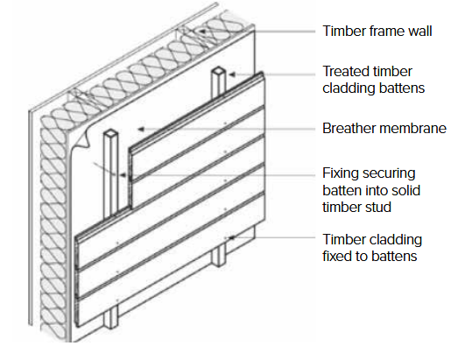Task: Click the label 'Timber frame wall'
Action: pyautogui.click(x=377, y=32)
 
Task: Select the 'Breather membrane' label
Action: pyautogui.click(x=384, y=128)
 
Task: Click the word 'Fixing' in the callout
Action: pyautogui.click(x=337, y=174)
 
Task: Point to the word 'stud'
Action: pyautogui.click(x=379, y=208)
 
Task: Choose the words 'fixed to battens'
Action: pyautogui.click(x=370, y=257)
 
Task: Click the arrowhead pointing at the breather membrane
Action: pyautogui.click(x=141, y=129)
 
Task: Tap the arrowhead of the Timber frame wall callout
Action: pyautogui.click(x=202, y=31)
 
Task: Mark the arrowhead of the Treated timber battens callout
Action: pyautogui.click(x=232, y=74)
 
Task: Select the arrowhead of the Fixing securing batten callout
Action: pyautogui.click(x=123, y=175)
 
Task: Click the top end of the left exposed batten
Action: pyautogui.click(x=110, y=133)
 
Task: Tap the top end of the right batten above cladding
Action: pyautogui.click(x=218, y=71)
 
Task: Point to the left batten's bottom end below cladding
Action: pyautogui.click(x=111, y=326)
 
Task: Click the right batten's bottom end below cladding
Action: pyautogui.click(x=219, y=264)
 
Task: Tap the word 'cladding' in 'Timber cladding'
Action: pyautogui.click(x=393, y=240)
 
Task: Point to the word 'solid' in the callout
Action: pyautogui.click(x=406, y=191)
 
